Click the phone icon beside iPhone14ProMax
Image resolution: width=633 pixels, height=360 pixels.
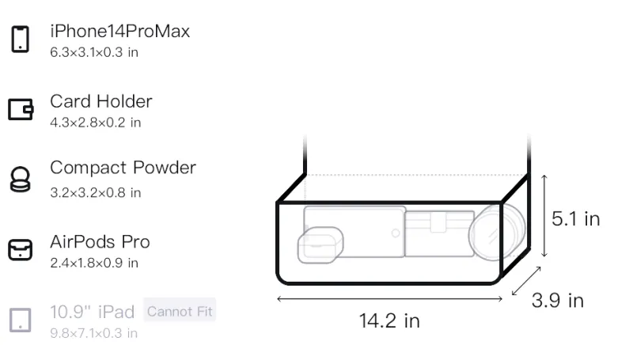tap(21, 39)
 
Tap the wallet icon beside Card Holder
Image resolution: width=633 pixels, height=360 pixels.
tap(21, 109)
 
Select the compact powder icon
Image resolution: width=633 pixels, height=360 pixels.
tap(21, 179)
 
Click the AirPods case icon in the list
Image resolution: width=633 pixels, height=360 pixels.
tap(21, 250)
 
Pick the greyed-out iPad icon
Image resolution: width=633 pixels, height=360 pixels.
tap(21, 320)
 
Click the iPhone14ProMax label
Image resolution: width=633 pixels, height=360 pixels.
tap(120, 31)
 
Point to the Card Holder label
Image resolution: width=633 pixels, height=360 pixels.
tap(101, 101)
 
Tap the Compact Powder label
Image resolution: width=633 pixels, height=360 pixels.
tap(123, 168)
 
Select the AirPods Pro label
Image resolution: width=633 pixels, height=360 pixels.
tap(100, 242)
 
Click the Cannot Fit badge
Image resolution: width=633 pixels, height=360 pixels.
tap(180, 311)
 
